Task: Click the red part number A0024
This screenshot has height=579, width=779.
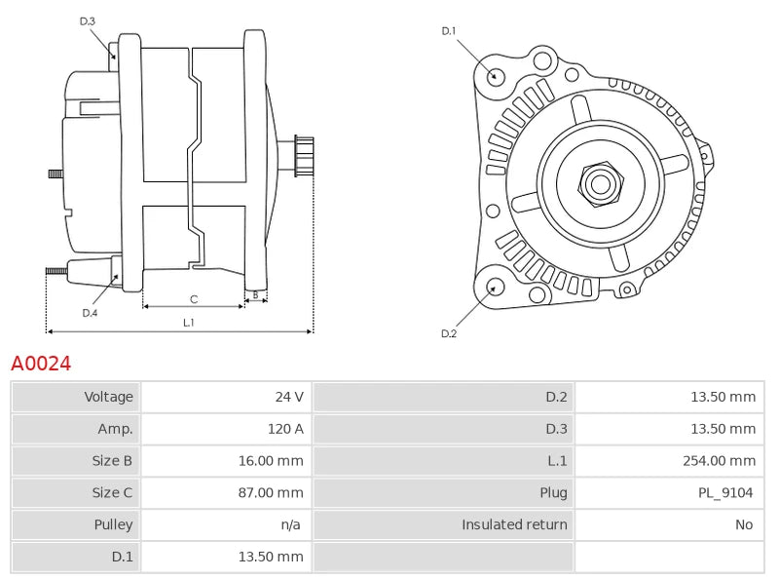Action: point(41,364)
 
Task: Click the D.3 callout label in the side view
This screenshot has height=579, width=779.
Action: point(88,20)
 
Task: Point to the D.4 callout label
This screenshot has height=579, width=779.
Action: point(90,313)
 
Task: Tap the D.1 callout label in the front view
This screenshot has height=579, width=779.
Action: point(449,31)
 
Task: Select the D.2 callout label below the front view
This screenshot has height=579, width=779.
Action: point(449,333)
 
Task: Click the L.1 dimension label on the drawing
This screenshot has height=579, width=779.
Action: point(189,322)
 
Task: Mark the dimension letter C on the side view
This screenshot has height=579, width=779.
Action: point(194,298)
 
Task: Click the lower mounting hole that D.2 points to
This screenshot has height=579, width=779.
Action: point(494,287)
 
